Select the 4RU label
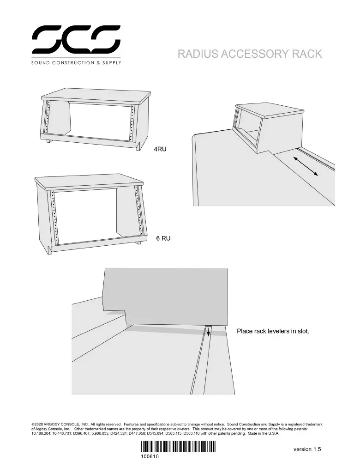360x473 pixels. tap(160, 149)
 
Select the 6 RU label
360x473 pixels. tap(163, 238)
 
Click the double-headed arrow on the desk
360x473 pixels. tap(306, 166)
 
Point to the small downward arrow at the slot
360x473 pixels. tap(208, 333)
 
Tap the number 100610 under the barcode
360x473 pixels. tap(150, 456)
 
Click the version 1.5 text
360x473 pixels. tap(307, 449)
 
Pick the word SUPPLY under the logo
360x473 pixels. tap(112, 63)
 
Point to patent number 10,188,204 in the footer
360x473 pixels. tap(41, 433)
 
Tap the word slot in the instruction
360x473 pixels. tap(303, 331)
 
